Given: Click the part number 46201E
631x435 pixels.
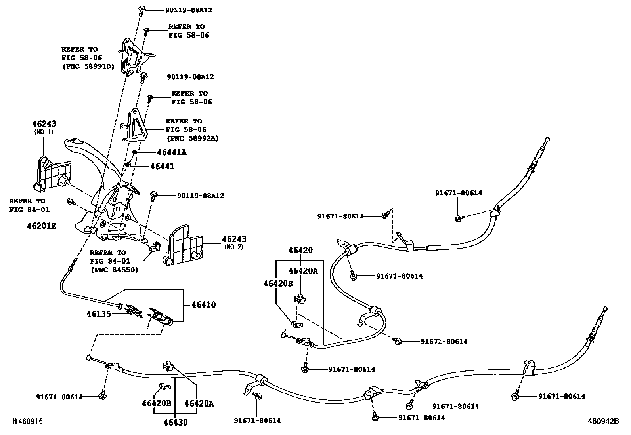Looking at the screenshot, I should pos(41,226).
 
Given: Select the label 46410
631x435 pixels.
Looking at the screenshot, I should pos(204,305).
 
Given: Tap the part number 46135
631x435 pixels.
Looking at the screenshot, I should pos(99,314).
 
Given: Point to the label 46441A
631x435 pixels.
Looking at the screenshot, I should pos(172,152).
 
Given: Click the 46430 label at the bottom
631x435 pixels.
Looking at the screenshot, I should pos(176,422).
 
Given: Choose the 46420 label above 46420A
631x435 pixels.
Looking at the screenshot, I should pos(300,250).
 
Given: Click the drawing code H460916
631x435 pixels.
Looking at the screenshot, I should pos(27,422).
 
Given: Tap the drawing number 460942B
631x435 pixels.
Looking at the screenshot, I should pos(603,422).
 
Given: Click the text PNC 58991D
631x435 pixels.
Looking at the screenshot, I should pos(88,66).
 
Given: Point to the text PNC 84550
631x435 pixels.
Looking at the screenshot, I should pos(114,270).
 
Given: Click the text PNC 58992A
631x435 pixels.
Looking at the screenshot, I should pos(192,138).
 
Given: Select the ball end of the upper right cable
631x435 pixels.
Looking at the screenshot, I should pos(548,139).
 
